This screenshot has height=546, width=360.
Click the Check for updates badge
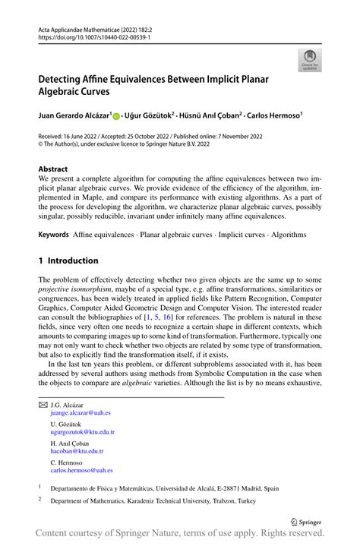coord(309,59)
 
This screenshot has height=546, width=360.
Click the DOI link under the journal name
coord(90,36)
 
